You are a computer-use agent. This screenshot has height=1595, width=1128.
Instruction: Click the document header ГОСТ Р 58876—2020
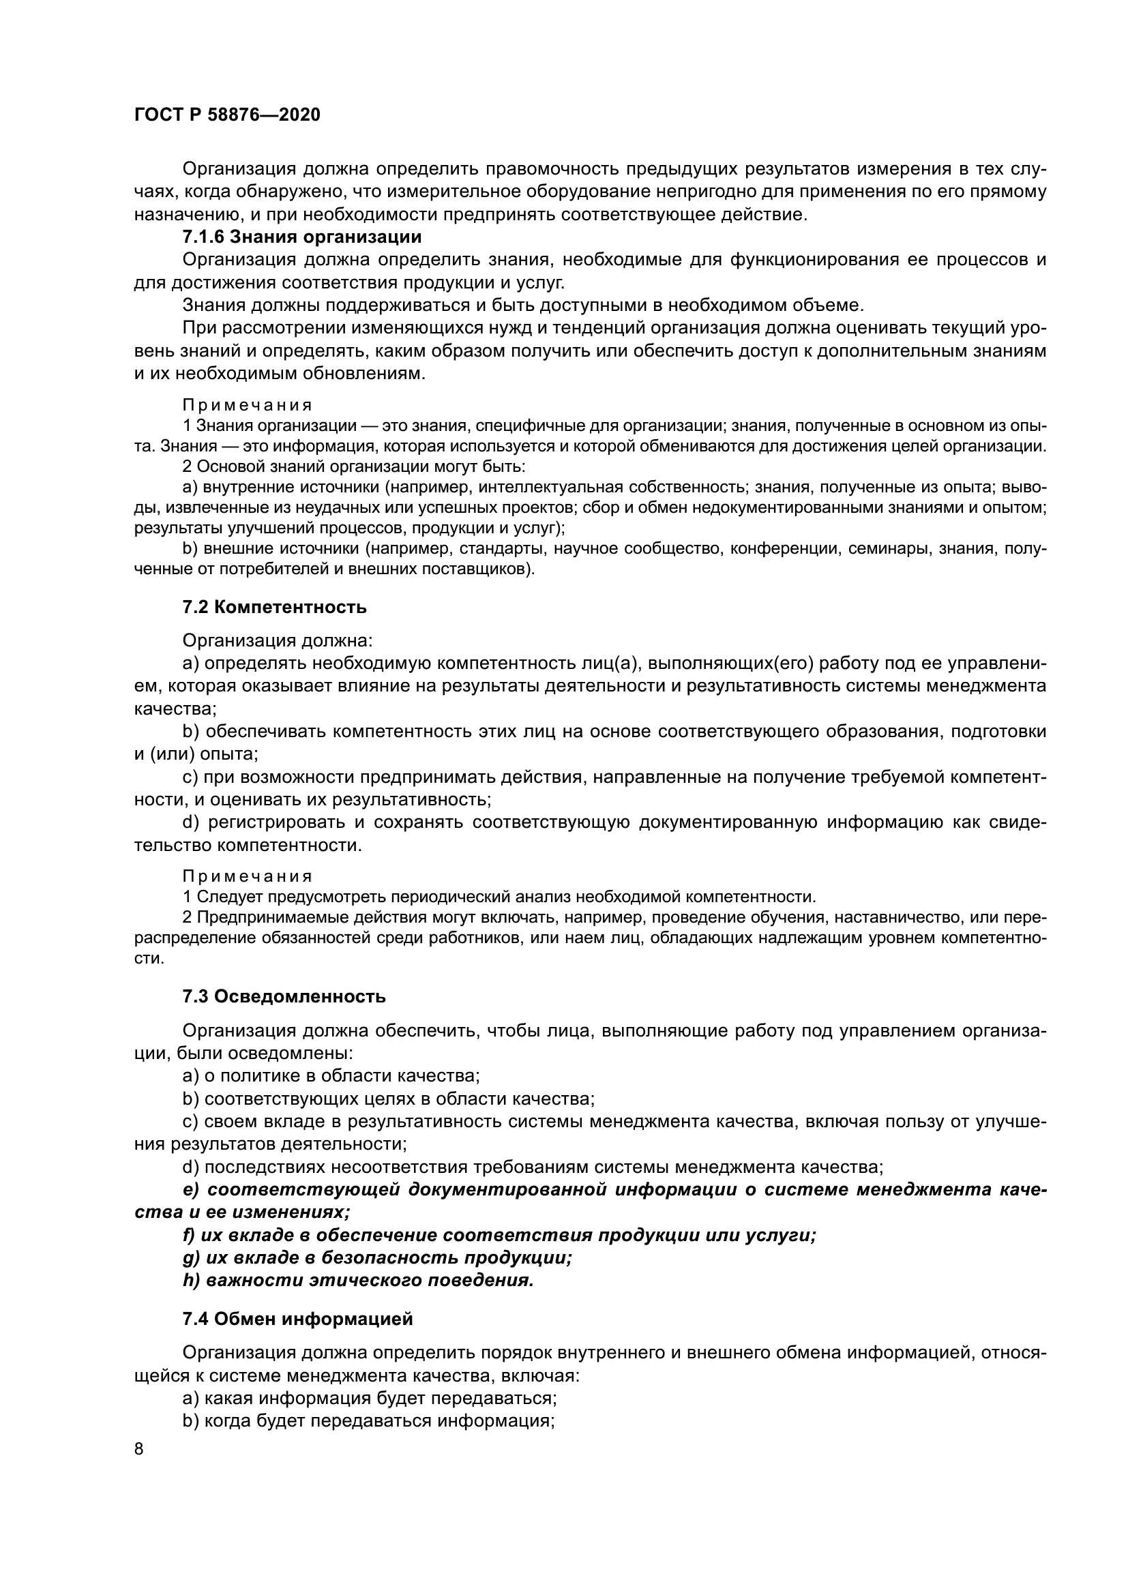tap(226, 115)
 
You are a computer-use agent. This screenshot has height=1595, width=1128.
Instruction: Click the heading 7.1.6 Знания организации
tap(301, 237)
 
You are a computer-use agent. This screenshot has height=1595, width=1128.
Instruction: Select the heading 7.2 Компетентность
tap(274, 607)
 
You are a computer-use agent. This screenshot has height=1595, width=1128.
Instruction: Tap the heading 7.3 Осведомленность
tap(284, 997)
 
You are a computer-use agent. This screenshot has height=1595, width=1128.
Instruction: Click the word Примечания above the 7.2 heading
tap(248, 405)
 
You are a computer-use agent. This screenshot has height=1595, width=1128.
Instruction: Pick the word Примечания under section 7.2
tap(248, 876)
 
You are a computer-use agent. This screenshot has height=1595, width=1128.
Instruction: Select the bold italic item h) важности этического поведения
tap(358, 1281)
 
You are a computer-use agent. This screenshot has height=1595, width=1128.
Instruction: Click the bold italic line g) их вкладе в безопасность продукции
tap(377, 1257)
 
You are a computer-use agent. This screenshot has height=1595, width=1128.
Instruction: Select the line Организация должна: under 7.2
tap(277, 640)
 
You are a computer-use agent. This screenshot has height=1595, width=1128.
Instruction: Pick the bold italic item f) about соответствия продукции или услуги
tap(499, 1235)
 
